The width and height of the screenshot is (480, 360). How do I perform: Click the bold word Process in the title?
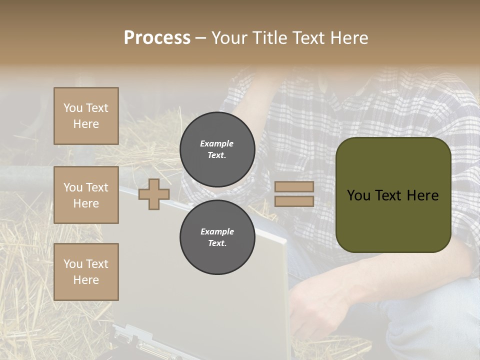click(x=157, y=38)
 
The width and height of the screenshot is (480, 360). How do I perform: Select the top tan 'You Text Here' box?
click(x=86, y=116)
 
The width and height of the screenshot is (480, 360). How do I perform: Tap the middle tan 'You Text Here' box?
click(x=86, y=195)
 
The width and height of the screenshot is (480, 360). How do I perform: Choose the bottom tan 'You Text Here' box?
click(x=86, y=272)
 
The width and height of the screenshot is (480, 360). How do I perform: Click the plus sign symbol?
click(x=154, y=194)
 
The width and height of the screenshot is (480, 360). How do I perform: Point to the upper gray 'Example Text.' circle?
click(x=217, y=149)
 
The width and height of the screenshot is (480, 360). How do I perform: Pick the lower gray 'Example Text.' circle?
click(x=217, y=237)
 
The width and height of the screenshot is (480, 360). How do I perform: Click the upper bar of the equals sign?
click(x=294, y=187)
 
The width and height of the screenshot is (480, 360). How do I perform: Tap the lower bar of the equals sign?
click(x=294, y=201)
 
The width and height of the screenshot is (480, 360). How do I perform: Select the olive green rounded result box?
click(x=393, y=195)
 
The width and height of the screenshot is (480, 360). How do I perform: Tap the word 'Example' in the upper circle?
click(x=217, y=143)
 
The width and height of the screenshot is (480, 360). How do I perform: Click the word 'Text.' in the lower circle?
click(x=217, y=243)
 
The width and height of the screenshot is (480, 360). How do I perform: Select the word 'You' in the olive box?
click(x=358, y=195)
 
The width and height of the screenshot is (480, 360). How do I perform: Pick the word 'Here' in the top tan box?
click(x=86, y=124)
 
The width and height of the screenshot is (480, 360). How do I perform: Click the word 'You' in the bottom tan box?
click(x=73, y=264)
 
